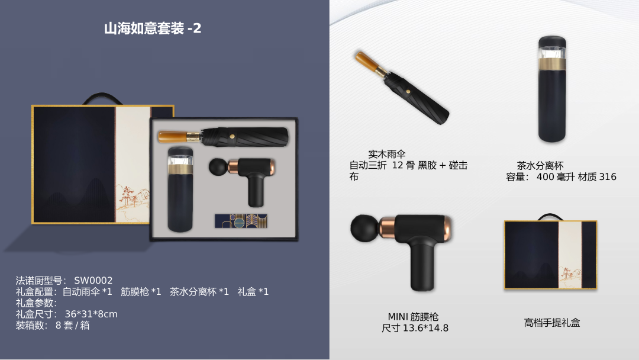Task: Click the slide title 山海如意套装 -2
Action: click(153, 28)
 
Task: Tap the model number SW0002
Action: click(93, 280)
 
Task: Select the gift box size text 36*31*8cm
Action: click(91, 314)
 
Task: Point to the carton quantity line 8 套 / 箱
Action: click(73, 325)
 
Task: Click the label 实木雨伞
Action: click(387, 154)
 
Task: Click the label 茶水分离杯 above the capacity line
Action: click(540, 166)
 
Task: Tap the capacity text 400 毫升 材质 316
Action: click(576, 176)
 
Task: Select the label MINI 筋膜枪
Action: click(413, 316)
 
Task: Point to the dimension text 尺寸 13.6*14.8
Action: click(415, 328)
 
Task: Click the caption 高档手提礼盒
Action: click(552, 323)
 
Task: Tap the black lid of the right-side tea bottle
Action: click(552, 42)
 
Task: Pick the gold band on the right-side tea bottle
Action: click(552, 63)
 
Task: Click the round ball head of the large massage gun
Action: click(364, 228)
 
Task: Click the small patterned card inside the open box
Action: click(241, 221)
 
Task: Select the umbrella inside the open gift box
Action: click(223, 137)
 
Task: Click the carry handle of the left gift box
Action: click(102, 97)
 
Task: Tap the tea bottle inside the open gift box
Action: click(180, 189)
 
